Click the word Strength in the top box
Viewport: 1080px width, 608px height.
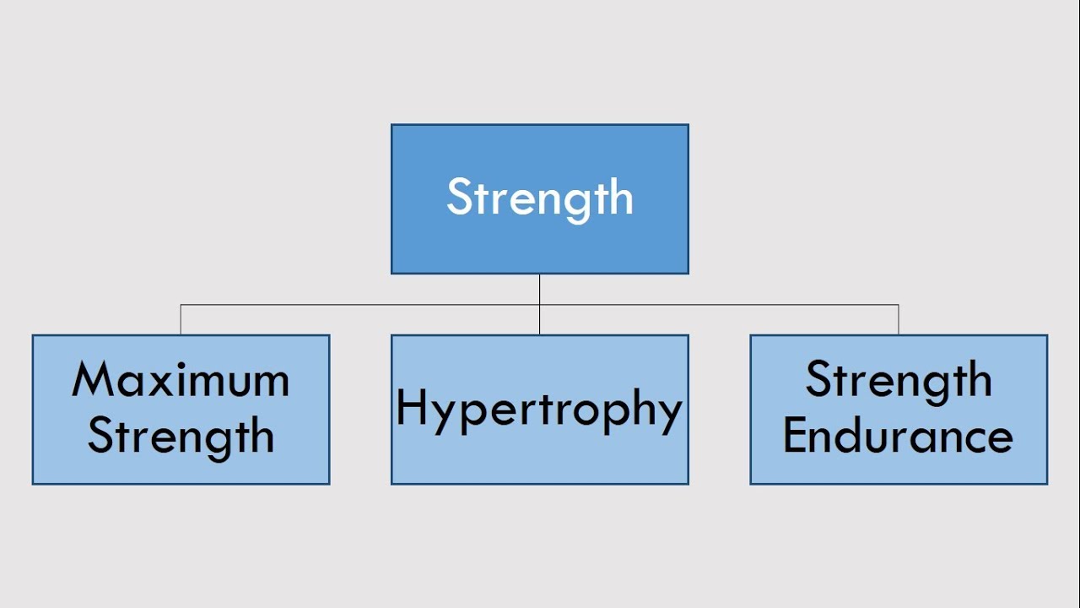click(540, 198)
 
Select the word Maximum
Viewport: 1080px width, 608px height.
click(181, 381)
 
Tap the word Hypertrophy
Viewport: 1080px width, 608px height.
click(539, 410)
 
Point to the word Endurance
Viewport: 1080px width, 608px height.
click(898, 437)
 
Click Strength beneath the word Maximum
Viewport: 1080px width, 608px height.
click(181, 437)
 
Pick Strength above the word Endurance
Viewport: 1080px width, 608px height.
click(898, 381)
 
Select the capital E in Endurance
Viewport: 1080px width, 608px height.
click(795, 437)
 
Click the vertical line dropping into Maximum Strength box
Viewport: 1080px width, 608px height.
click(181, 320)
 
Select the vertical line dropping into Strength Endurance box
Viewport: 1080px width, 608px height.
click(899, 320)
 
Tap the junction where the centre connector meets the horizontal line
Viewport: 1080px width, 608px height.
click(540, 305)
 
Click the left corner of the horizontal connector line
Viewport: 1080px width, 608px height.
click(181, 305)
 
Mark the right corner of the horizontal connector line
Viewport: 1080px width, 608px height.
click(899, 305)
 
